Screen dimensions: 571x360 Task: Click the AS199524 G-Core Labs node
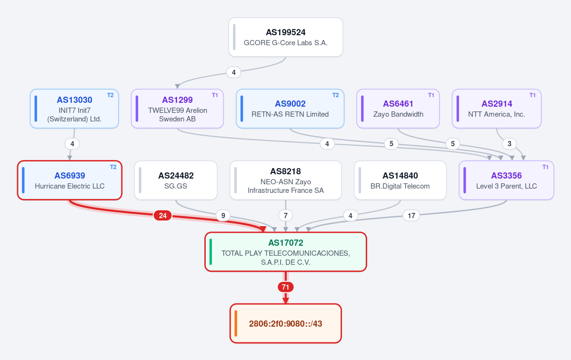pyautogui.click(x=286, y=37)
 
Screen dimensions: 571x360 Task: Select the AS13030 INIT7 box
pyautogui.click(x=74, y=109)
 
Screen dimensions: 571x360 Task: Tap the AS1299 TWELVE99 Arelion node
pyautogui.click(x=177, y=109)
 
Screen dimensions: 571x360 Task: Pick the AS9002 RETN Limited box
pyautogui.click(x=290, y=109)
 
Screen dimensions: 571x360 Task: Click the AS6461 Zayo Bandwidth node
pyautogui.click(x=398, y=109)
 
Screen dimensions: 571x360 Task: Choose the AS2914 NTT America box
pyautogui.click(x=497, y=109)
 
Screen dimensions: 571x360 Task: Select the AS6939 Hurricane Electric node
pyautogui.click(x=70, y=180)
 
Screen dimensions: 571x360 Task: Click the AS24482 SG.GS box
pyautogui.click(x=176, y=180)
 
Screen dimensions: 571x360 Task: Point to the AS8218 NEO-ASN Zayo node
pyautogui.click(x=286, y=180)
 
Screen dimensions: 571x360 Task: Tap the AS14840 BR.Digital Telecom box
pyautogui.click(x=400, y=180)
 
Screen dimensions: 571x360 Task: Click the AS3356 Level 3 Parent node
pyautogui.click(x=507, y=180)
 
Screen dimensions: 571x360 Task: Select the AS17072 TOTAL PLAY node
pyautogui.click(x=286, y=252)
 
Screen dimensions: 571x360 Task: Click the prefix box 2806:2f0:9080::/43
pyautogui.click(x=286, y=323)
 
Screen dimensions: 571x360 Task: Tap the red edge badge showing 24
pyautogui.click(x=163, y=216)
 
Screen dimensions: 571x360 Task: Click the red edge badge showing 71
pyautogui.click(x=286, y=287)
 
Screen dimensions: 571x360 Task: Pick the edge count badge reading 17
pyautogui.click(x=411, y=216)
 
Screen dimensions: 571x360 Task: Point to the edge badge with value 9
pyautogui.click(x=223, y=216)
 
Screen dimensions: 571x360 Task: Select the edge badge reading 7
pyautogui.click(x=286, y=216)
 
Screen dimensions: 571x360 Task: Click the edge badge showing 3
pyautogui.click(x=510, y=144)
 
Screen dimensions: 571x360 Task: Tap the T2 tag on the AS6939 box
pyautogui.click(x=113, y=167)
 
